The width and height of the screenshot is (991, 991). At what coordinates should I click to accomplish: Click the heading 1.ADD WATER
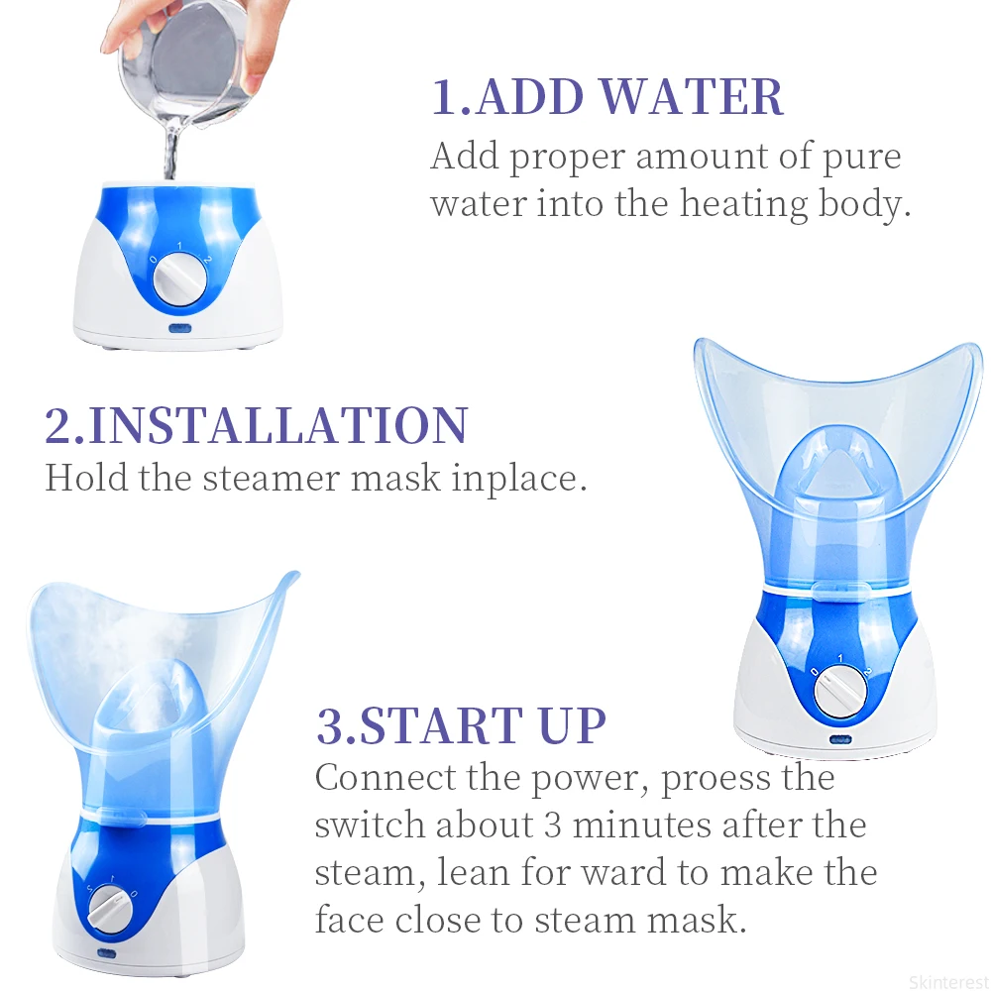(607, 97)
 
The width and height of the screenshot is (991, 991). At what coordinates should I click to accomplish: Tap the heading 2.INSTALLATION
(257, 425)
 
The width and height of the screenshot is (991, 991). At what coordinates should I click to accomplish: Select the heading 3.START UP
(461, 725)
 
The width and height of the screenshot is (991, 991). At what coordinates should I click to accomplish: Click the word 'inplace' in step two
(520, 478)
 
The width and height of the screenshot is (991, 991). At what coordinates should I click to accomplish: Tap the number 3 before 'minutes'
(552, 826)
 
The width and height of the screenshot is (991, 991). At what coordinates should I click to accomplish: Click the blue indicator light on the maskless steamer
(179, 328)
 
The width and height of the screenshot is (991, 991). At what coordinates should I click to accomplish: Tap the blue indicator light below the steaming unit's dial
(106, 953)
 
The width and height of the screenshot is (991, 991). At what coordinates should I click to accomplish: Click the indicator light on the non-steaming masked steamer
(840, 739)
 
